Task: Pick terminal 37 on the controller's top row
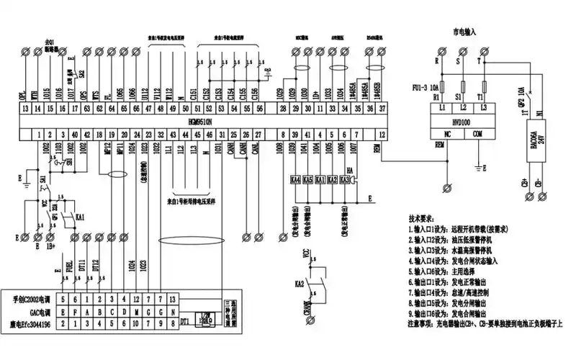point(382,108)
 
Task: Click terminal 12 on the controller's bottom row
point(382,135)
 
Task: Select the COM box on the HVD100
point(478,135)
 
